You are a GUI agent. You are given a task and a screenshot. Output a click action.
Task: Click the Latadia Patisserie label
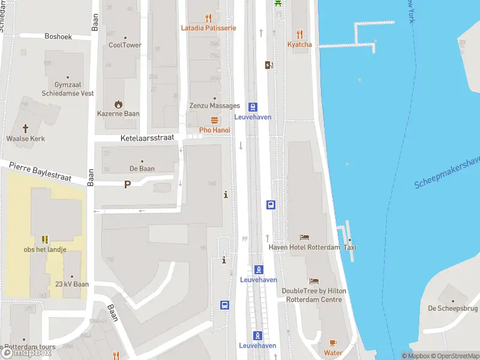(x=209, y=28)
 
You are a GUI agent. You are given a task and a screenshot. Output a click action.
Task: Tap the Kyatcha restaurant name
(x=299, y=44)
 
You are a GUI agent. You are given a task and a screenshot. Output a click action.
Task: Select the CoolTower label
(x=125, y=45)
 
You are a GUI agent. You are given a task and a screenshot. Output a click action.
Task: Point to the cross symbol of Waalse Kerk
(x=26, y=128)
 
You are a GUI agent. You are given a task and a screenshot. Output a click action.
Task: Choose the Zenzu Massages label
(x=214, y=106)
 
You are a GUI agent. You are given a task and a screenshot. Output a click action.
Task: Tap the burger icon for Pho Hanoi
(x=214, y=120)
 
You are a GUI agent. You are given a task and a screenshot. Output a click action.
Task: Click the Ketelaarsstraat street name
(x=147, y=137)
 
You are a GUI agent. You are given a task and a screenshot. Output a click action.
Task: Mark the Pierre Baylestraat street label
(x=40, y=171)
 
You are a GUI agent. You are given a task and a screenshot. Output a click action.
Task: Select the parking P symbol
(x=127, y=185)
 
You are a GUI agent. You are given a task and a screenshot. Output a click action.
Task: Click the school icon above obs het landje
(x=45, y=239)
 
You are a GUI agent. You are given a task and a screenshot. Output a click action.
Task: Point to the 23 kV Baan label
(x=73, y=284)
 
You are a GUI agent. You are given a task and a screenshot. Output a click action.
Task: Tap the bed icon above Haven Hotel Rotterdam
(x=304, y=238)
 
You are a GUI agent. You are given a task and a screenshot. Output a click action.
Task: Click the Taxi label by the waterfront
(x=350, y=247)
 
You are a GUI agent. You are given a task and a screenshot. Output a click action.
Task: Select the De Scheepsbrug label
(x=452, y=308)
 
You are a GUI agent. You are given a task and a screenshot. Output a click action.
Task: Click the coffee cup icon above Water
(x=333, y=343)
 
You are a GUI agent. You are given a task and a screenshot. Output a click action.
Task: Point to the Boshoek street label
(x=58, y=37)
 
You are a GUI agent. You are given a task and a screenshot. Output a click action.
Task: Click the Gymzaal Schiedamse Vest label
(x=67, y=89)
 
